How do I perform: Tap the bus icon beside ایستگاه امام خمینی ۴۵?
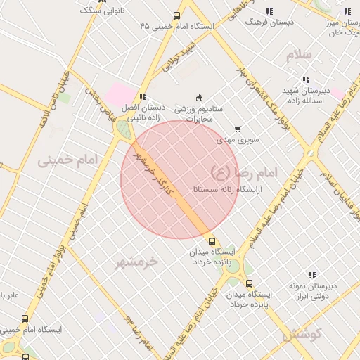pyautogui.click(x=176, y=15)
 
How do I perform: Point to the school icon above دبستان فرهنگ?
pyautogui.click(x=269, y=11)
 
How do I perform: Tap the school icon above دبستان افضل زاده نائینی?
pyautogui.click(x=143, y=97)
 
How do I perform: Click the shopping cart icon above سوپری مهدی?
pyautogui.click(x=238, y=129)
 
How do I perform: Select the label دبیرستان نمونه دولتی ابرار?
pyautogui.click(x=312, y=291)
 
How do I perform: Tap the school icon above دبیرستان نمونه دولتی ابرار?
pyautogui.click(x=312, y=275)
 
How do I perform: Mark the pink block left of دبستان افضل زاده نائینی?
pyautogui.click(x=120, y=93)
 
